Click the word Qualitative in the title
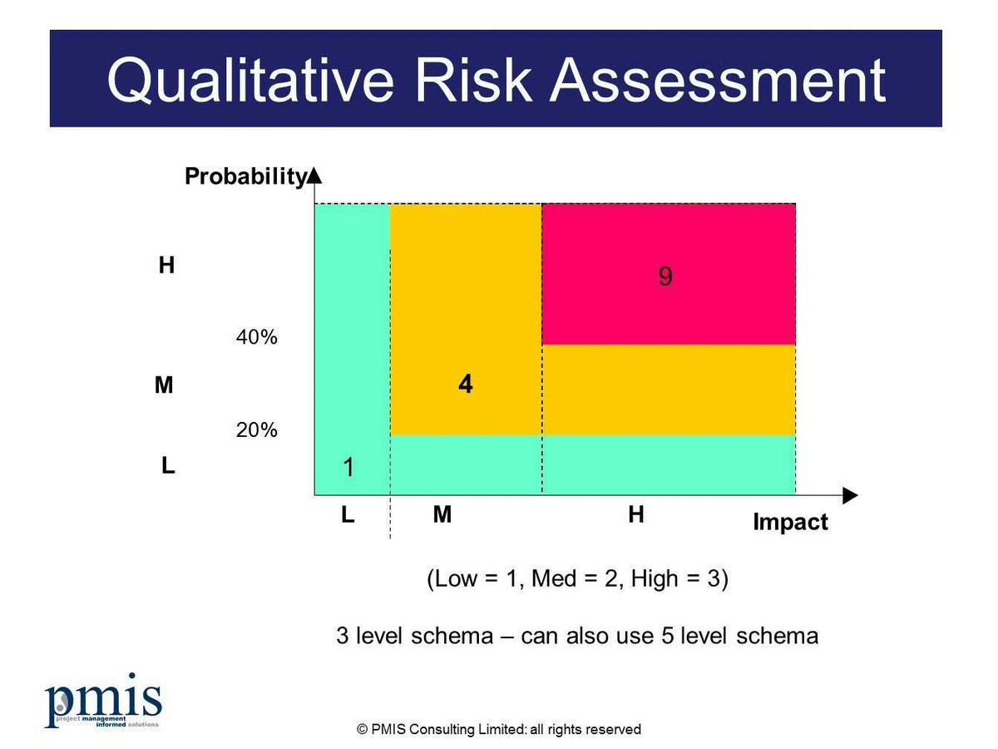[250, 81]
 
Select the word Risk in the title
[473, 80]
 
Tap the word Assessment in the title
[718, 80]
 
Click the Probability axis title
[246, 176]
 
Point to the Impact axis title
[791, 522]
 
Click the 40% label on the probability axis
[256, 337]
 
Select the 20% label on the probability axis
[256, 430]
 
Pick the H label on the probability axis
[166, 265]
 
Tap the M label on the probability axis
[164, 385]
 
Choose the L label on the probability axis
[168, 465]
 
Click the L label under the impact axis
[348, 515]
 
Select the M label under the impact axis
[442, 514]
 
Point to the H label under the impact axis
[636, 514]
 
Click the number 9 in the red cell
[665, 276]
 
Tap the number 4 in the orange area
[466, 384]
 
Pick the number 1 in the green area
[348, 467]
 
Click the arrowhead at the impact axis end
[850, 495]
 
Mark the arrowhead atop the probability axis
[314, 176]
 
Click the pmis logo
[103, 701]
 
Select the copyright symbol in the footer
[362, 730]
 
